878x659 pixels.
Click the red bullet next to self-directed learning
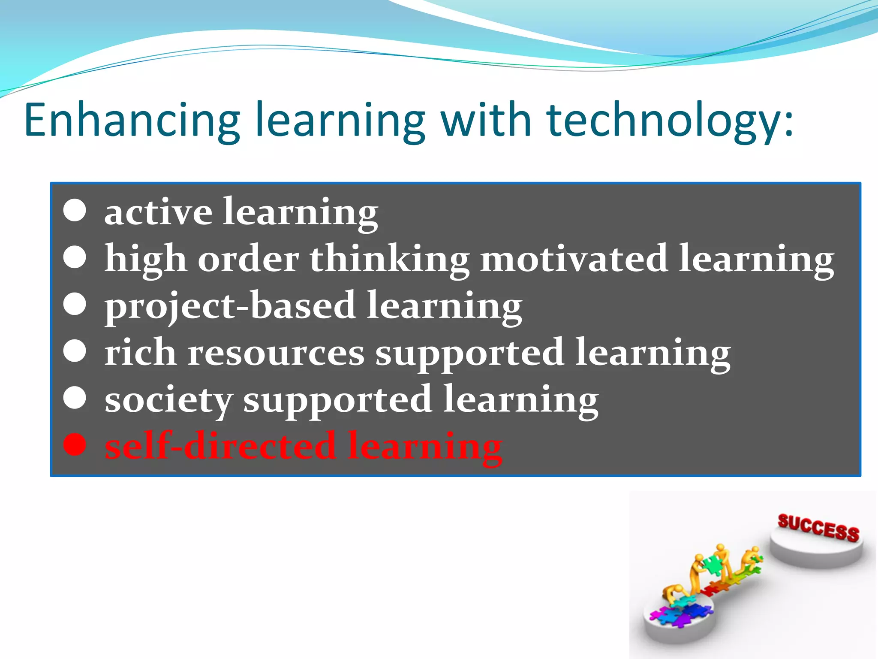tap(75, 444)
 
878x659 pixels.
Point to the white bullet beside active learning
tap(75, 211)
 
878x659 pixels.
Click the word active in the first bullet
tap(158, 212)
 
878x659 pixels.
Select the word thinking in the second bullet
tap(390, 259)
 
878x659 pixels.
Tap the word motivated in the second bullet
tap(574, 259)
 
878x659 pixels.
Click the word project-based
tap(230, 306)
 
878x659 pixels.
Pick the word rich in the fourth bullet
tap(140, 352)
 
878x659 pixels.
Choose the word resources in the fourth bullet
tap(276, 354)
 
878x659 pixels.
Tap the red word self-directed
tap(220, 446)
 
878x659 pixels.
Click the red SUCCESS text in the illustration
tap(818, 527)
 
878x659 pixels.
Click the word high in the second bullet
tap(145, 260)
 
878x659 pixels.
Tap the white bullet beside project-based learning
tap(75, 304)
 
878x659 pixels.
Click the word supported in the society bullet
tap(337, 401)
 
